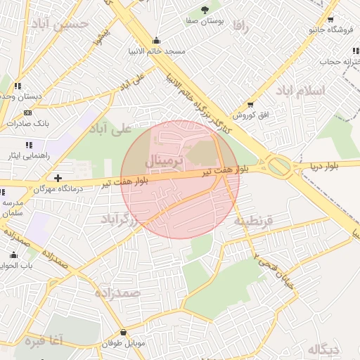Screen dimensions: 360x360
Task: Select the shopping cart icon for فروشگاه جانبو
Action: tap(330, 20)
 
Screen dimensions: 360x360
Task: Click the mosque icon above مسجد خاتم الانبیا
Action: tap(156, 40)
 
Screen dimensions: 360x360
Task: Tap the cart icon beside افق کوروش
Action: tap(250, 104)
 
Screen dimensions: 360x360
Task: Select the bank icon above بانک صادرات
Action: tap(27, 112)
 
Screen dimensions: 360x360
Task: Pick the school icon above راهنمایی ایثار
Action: tap(29, 145)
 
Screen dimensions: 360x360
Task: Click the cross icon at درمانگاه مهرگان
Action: tap(58, 178)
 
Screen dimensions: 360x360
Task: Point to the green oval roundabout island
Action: tap(279, 166)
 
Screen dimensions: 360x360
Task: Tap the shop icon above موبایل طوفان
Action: tap(124, 333)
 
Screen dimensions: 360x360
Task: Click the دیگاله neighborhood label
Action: tap(323, 349)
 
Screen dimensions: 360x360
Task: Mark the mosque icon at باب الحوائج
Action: tap(13, 255)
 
